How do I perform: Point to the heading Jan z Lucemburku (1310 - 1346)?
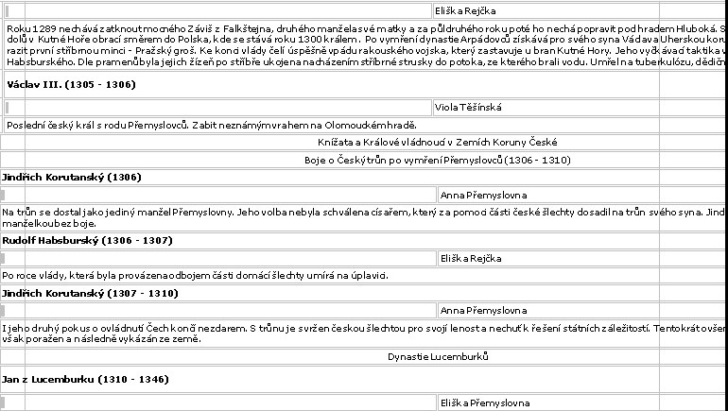point(85,380)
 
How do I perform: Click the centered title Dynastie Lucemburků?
point(438,356)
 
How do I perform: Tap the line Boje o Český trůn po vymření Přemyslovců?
point(438,161)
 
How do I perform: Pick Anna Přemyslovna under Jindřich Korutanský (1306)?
point(483,196)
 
